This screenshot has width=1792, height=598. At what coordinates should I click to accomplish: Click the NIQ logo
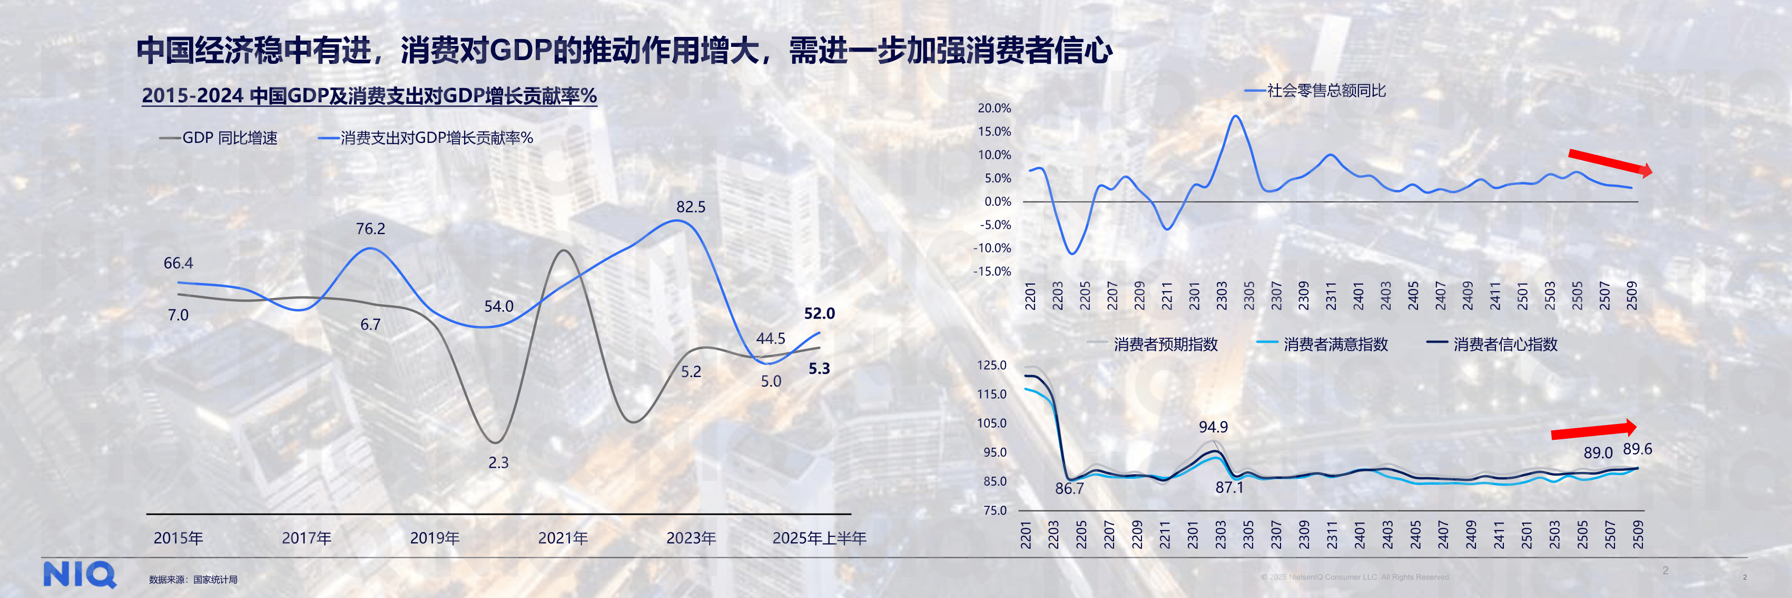coord(80,575)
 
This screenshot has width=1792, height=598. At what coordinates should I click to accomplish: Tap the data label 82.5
coord(690,207)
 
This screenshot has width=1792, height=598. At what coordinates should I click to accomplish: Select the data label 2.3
coord(498,463)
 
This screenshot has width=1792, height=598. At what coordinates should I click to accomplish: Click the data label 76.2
coord(370,228)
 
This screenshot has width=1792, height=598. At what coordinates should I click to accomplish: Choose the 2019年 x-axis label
coord(434,538)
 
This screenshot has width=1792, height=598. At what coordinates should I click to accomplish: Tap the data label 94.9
coord(1213,427)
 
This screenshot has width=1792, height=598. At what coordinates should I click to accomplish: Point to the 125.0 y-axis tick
coord(991,365)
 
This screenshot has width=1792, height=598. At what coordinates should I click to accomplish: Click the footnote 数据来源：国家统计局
coord(193,579)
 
